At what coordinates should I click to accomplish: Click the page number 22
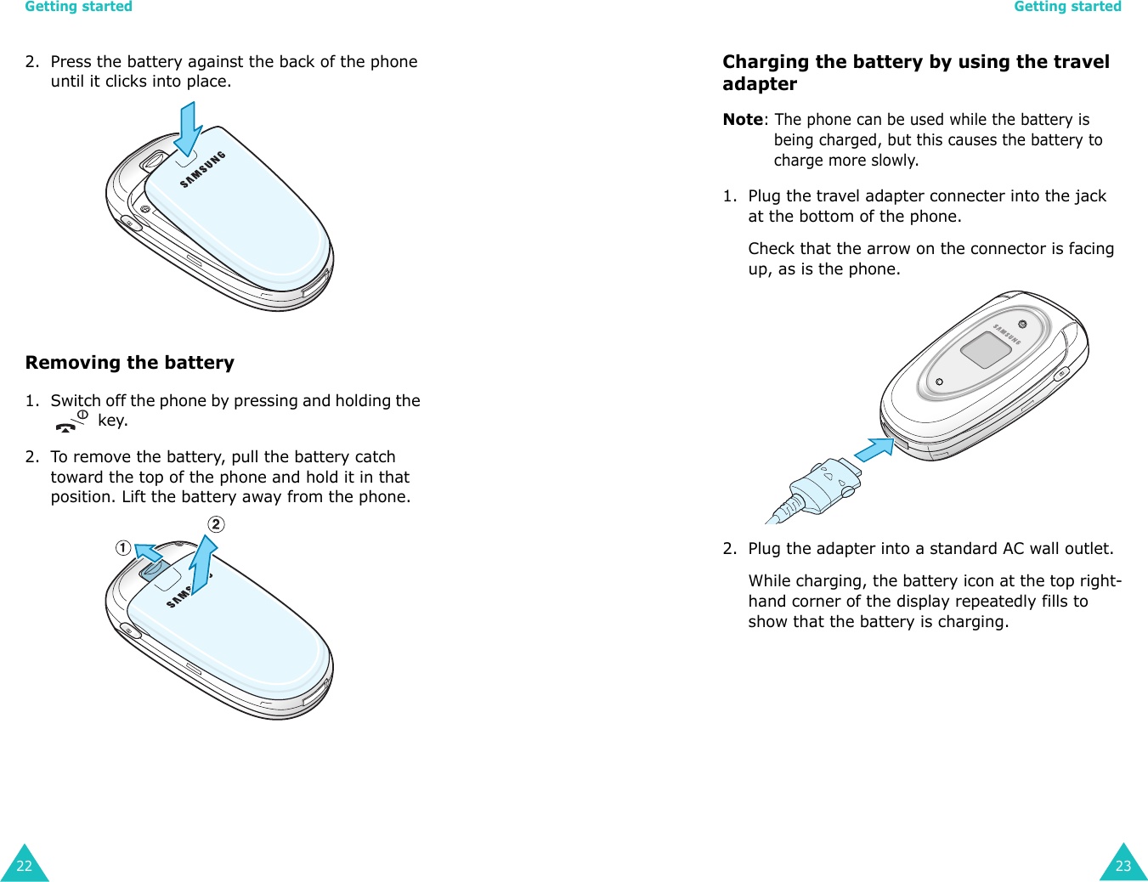click(x=24, y=866)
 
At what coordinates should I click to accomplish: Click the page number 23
click(x=1123, y=866)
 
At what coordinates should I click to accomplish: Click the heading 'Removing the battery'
click(x=130, y=363)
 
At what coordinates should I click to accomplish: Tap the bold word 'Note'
click(x=743, y=120)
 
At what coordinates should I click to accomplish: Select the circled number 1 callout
click(x=124, y=548)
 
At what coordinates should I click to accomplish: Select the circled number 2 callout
click(x=217, y=524)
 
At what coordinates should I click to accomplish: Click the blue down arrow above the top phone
click(x=188, y=128)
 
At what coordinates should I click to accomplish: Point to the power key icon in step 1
click(x=71, y=421)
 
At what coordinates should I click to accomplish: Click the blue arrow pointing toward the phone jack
click(x=874, y=449)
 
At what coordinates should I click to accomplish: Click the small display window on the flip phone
click(x=985, y=349)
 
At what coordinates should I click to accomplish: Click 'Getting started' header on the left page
click(x=79, y=7)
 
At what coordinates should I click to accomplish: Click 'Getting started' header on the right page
click(x=1067, y=7)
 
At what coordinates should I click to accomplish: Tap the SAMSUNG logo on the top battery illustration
click(x=203, y=169)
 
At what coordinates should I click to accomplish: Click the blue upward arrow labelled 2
click(x=203, y=565)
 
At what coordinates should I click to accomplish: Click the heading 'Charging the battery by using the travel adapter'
click(x=916, y=73)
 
